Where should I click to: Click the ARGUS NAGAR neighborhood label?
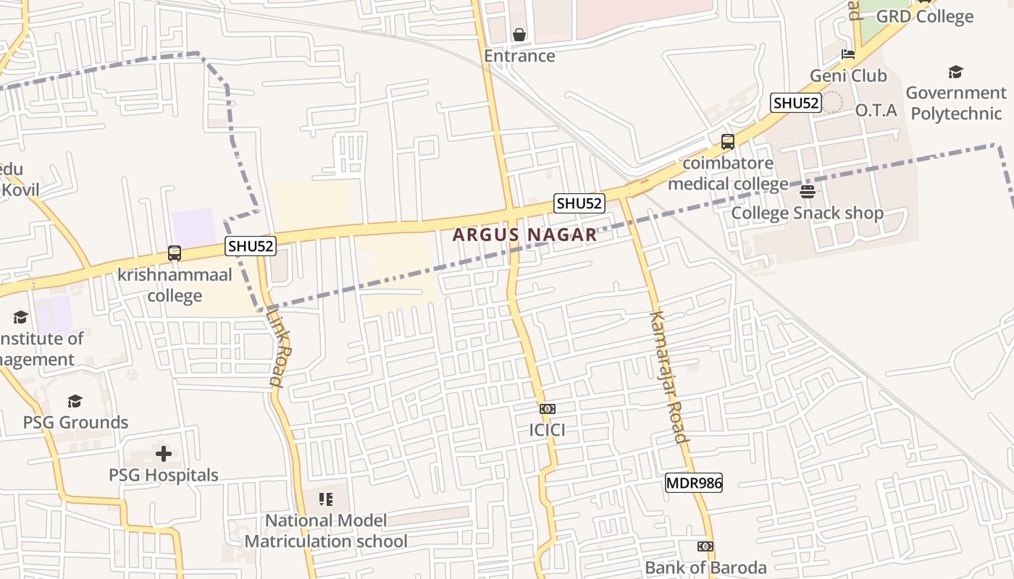[x=525, y=234]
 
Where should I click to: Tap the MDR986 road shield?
[x=694, y=483]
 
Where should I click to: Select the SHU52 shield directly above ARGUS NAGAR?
[x=579, y=203]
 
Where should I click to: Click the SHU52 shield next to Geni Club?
[x=795, y=103]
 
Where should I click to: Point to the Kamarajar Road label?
[x=669, y=376]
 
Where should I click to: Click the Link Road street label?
[x=279, y=347]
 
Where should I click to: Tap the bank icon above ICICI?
[x=548, y=409]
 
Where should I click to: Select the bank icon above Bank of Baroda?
[x=705, y=546]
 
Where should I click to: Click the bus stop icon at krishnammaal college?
[x=175, y=253]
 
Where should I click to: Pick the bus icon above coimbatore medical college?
[x=728, y=142]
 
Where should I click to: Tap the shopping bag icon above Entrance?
[x=519, y=34]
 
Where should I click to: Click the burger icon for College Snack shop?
[x=808, y=192]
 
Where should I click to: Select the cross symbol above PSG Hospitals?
[x=164, y=454]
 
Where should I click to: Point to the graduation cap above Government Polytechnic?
[x=955, y=72]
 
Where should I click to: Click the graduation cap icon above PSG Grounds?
[x=75, y=401]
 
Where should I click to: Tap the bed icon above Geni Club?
[x=847, y=54]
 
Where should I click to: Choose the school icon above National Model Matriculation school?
[x=326, y=499]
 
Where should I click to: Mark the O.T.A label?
[x=876, y=111]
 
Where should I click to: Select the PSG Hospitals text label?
[x=164, y=476]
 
